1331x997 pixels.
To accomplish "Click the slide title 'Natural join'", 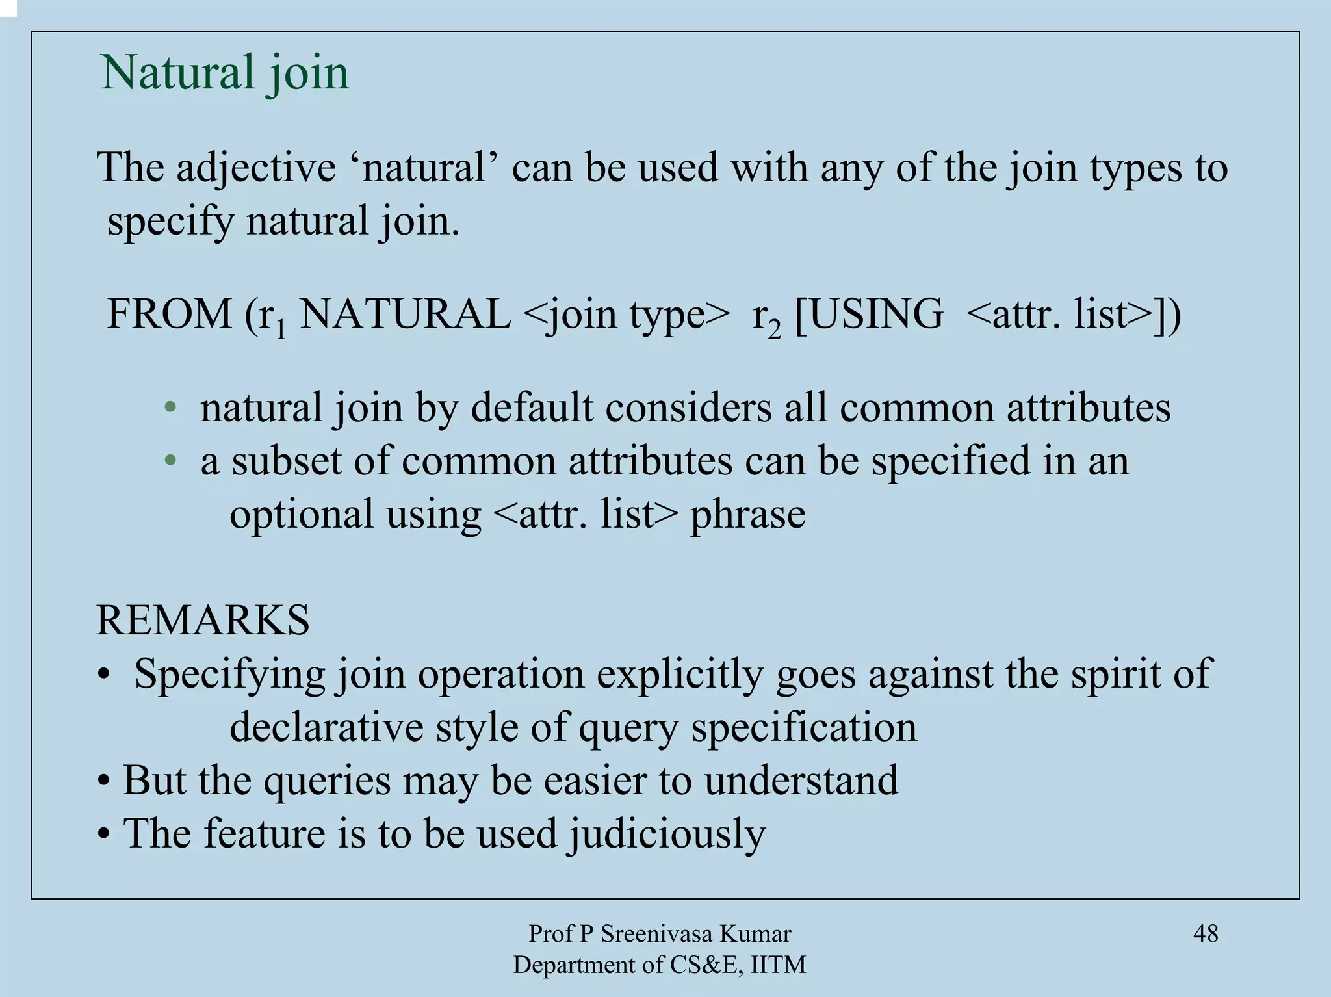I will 225,73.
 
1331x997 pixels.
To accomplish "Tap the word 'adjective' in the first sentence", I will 255,168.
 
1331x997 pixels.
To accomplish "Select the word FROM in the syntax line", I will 169,315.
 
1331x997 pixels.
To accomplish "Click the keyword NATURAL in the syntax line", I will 405,315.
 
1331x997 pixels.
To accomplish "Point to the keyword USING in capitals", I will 877,315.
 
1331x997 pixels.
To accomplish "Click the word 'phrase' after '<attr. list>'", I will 747,515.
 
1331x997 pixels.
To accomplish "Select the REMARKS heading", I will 203,620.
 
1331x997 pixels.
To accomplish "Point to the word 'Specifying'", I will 229,675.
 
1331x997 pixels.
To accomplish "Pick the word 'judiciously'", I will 667,835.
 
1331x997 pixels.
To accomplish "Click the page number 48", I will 1206,934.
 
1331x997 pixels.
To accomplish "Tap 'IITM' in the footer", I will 778,965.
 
